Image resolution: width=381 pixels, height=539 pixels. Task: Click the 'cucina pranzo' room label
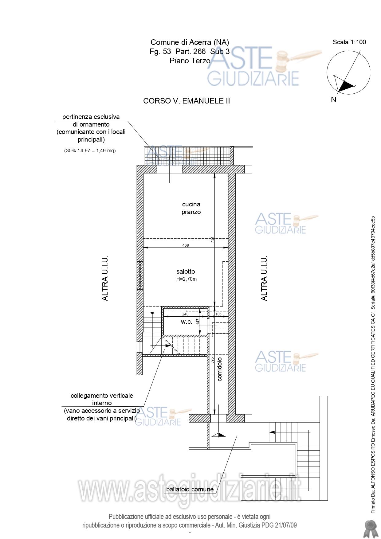(191, 208)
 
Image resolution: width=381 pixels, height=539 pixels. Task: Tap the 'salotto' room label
(186, 271)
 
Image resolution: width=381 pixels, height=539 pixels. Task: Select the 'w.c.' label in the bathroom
(186, 322)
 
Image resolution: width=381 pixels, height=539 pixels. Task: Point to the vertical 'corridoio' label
(219, 369)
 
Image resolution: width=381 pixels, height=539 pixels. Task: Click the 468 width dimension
(186, 245)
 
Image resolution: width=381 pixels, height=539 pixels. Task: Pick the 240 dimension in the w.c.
(185, 314)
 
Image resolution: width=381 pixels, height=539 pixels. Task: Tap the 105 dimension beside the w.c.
(218, 314)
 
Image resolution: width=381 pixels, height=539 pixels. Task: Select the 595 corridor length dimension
(212, 360)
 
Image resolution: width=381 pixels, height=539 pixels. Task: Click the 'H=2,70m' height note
(187, 279)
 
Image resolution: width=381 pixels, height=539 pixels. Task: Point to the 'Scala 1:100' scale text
(349, 42)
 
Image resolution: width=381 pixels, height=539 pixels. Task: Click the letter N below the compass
(334, 100)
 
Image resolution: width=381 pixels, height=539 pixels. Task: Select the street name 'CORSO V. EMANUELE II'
(187, 101)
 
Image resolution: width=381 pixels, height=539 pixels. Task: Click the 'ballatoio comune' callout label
(190, 489)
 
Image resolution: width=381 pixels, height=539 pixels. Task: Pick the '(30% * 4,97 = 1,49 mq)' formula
(90, 150)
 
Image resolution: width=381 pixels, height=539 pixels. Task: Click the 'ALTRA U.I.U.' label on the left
(105, 278)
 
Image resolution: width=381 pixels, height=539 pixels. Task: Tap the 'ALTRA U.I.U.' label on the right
(264, 278)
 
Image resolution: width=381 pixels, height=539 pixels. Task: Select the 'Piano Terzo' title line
(190, 61)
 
